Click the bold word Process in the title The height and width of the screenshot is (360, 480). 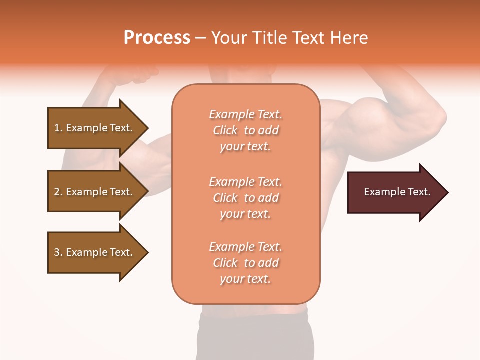[157, 38]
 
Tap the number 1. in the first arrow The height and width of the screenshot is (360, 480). [58, 128]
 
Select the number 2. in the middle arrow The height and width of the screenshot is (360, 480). [58, 192]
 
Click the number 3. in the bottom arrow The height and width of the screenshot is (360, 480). [58, 252]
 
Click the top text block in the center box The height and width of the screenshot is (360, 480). [245, 130]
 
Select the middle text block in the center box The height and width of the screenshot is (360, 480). [245, 198]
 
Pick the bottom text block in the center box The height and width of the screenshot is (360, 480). [245, 263]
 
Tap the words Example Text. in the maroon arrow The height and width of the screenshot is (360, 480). [397, 192]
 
